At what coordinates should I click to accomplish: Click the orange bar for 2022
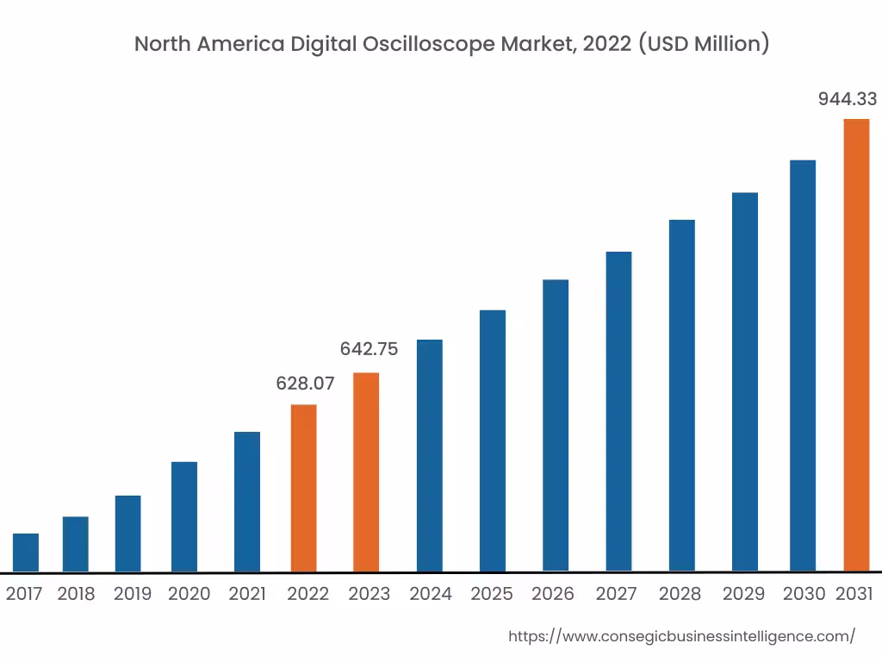point(303,488)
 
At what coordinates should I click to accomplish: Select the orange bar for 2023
point(366,472)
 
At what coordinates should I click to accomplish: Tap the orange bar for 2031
point(856,345)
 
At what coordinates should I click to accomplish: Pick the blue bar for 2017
point(26,553)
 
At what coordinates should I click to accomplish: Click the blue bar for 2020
point(184,516)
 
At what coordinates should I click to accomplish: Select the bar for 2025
point(493,440)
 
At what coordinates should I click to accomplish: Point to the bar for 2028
point(681,396)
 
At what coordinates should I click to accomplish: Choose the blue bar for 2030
point(803,365)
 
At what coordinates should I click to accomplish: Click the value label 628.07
point(305,384)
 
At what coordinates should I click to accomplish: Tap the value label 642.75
point(369,349)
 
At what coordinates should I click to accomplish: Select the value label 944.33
point(847,99)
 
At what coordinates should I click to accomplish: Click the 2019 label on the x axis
point(133,594)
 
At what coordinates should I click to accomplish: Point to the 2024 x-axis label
point(431,594)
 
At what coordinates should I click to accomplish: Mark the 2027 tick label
point(616,594)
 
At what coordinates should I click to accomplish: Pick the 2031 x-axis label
point(854,594)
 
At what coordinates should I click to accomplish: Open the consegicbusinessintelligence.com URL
point(681,637)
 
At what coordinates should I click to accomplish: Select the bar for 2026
point(556,425)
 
